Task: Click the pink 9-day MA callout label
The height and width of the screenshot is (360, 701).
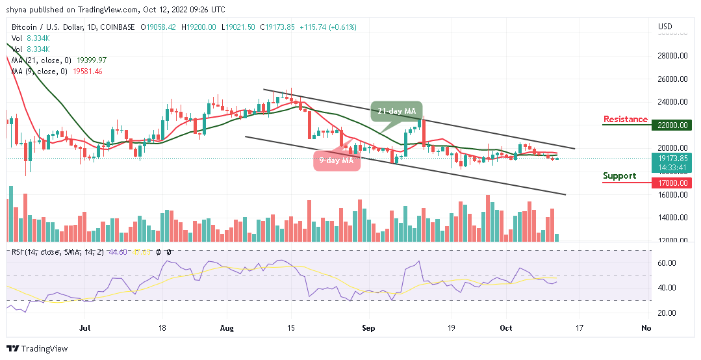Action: pyautogui.click(x=337, y=161)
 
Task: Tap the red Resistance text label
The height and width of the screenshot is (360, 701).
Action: pyautogui.click(x=625, y=119)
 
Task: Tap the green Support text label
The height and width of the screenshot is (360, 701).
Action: pyautogui.click(x=619, y=176)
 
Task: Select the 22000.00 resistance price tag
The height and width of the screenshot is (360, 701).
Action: pyautogui.click(x=672, y=125)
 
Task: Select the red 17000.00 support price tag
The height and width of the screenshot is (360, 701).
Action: pyautogui.click(x=672, y=183)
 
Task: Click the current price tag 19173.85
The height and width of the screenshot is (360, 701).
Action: pyautogui.click(x=672, y=157)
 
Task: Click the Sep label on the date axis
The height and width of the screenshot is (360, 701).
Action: pyautogui.click(x=368, y=329)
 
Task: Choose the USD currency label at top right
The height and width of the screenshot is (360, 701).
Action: pyautogui.click(x=665, y=27)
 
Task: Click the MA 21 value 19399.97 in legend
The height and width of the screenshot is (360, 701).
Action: pyautogui.click(x=91, y=60)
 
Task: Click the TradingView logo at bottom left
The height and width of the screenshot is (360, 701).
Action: pyautogui.click(x=37, y=349)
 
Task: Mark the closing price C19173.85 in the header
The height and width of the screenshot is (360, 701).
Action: pyautogui.click(x=277, y=27)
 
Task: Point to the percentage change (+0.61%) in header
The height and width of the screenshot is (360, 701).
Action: pyautogui.click(x=342, y=27)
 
